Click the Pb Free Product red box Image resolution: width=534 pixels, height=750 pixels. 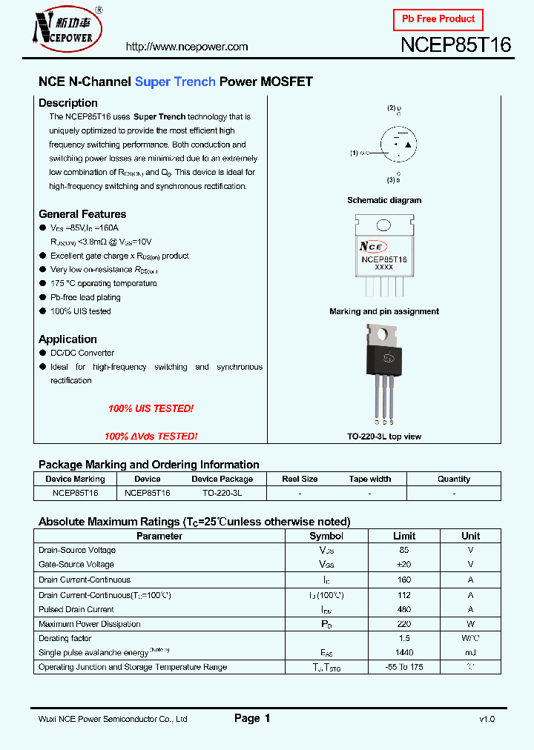438,19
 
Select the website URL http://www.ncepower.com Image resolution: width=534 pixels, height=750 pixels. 187,47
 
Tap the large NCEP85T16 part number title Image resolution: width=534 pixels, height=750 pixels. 455,45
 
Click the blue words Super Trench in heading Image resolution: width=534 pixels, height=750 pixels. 175,82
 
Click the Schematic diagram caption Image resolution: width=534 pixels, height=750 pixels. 384,200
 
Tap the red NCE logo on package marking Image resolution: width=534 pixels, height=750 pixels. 372,246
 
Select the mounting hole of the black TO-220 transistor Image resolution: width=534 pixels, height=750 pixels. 383,334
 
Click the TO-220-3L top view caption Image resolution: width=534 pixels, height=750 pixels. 384,437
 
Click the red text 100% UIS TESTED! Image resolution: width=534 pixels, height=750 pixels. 151,409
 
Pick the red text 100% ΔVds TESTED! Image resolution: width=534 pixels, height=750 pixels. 151,437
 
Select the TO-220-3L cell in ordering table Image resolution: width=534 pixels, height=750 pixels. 222,493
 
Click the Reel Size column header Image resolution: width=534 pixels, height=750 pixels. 300,479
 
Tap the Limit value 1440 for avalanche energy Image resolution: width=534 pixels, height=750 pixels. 404,652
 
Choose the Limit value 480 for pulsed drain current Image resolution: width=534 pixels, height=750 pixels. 404,609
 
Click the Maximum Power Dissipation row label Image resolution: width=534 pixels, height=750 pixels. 89,624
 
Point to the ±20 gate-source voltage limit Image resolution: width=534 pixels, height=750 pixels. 404,565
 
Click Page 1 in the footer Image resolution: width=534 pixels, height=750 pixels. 252,718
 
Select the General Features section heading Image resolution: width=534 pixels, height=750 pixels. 82,214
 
